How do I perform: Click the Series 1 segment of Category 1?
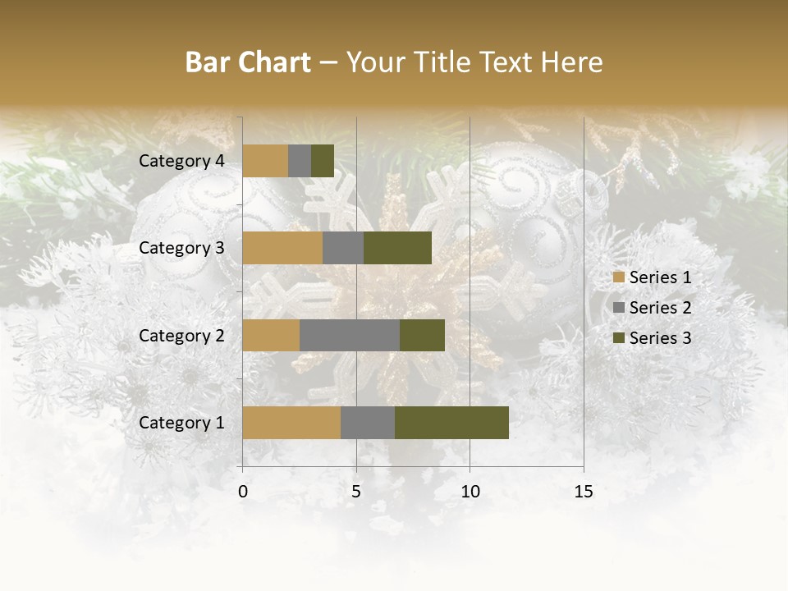pos(291,423)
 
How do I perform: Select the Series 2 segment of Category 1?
pos(368,423)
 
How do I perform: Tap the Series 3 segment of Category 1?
pos(451,423)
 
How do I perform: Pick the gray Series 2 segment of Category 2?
pos(350,335)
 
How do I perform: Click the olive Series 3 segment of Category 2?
pos(422,335)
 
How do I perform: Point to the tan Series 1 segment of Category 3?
pos(282,248)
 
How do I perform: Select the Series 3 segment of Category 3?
pos(397,248)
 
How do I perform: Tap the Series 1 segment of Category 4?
pos(265,161)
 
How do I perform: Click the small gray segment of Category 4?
pos(300,161)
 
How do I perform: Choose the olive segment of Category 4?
pos(323,161)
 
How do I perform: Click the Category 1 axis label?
pos(181,423)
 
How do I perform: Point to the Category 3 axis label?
pos(181,248)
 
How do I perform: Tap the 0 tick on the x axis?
pos(243,492)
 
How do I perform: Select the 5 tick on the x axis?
pos(356,492)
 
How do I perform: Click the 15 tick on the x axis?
pos(584,492)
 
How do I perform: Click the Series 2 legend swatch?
pos(619,308)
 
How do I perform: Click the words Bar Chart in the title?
pos(248,62)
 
